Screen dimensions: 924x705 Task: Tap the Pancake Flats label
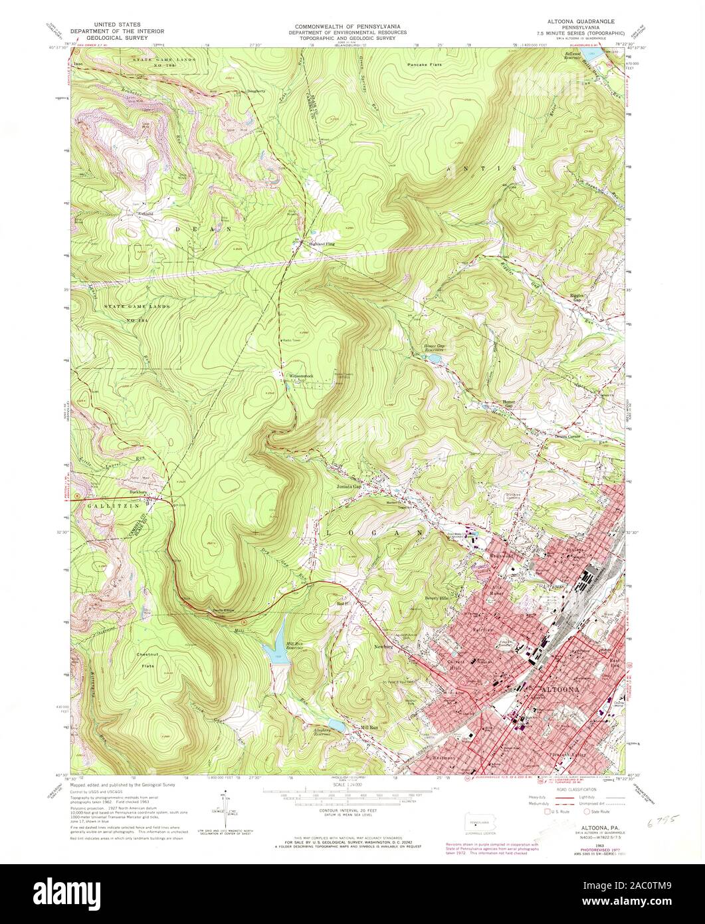pos(425,65)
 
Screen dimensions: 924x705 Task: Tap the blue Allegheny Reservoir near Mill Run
pos(336,726)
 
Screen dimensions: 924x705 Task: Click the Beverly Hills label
pos(437,598)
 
